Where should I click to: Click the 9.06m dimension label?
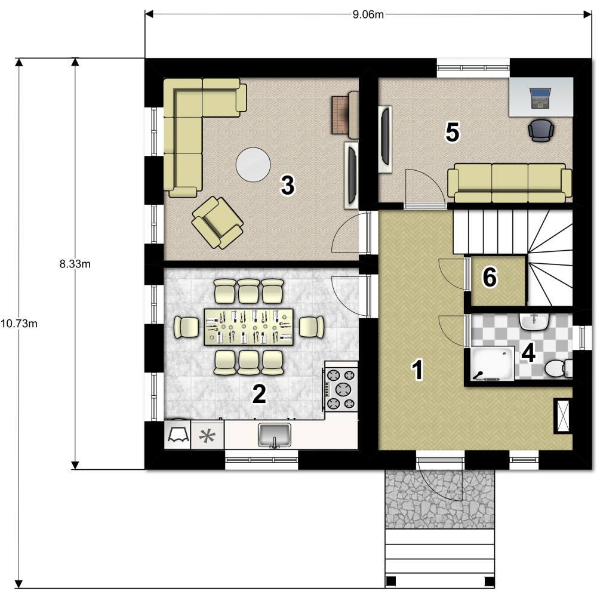click(x=368, y=14)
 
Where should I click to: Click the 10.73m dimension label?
click(x=19, y=324)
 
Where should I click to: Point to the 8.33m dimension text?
click(x=75, y=264)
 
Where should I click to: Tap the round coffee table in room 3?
click(x=253, y=165)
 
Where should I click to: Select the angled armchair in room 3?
click(x=217, y=222)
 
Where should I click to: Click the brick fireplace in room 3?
click(x=345, y=115)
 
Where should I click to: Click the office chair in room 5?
click(x=541, y=130)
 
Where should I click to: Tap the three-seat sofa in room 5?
click(x=510, y=183)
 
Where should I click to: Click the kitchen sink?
click(x=275, y=435)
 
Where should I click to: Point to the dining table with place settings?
click(x=248, y=327)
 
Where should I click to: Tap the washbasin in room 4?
click(x=534, y=322)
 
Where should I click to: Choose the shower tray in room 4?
click(x=493, y=364)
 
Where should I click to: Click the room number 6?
click(x=490, y=277)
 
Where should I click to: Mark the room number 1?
click(x=418, y=370)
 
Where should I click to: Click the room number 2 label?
click(x=259, y=393)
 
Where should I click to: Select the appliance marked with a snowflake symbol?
click(x=208, y=435)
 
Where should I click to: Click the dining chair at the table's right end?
click(x=312, y=327)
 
